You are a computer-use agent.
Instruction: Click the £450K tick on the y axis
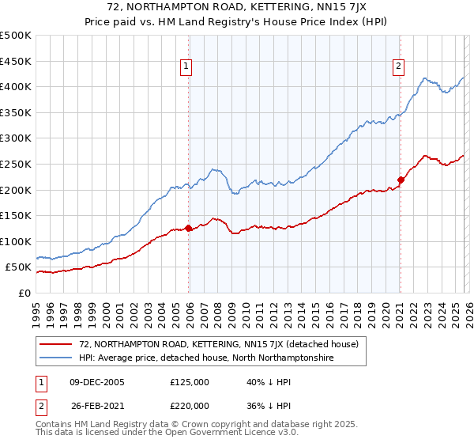(x=16, y=61)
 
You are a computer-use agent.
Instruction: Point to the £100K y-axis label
(x=16, y=241)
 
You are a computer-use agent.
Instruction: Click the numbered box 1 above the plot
(x=186, y=67)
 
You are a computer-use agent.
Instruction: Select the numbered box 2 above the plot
(x=399, y=67)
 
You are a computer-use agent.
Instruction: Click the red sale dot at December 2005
(x=188, y=229)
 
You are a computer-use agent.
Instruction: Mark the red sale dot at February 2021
(x=401, y=180)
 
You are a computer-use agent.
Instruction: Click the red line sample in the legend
(x=55, y=344)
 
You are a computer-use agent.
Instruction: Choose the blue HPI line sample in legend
(x=55, y=358)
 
